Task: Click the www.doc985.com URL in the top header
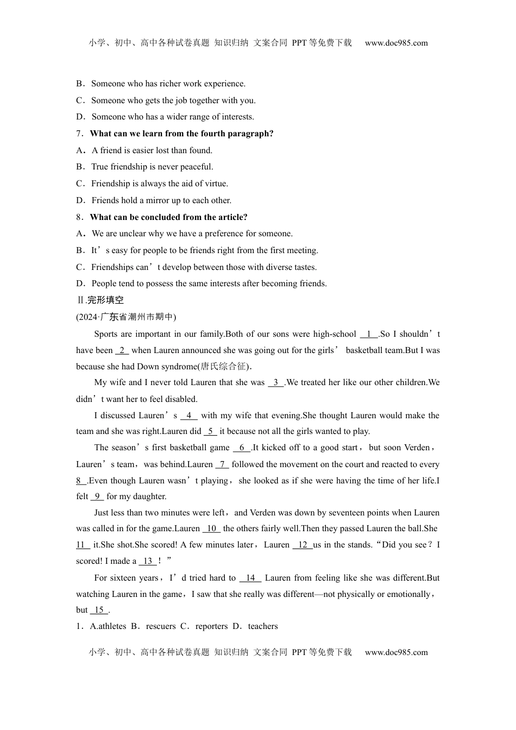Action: click(396, 43)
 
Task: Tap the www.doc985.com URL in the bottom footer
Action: click(396, 652)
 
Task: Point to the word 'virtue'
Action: click(216, 184)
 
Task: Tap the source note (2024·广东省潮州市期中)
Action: click(126, 317)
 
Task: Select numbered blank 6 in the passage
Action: click(242, 448)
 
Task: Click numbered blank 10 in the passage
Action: click(211, 528)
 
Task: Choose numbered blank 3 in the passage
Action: click(276, 382)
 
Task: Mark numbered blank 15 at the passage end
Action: click(99, 610)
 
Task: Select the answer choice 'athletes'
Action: click(111, 626)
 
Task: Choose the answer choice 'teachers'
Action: click(263, 626)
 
